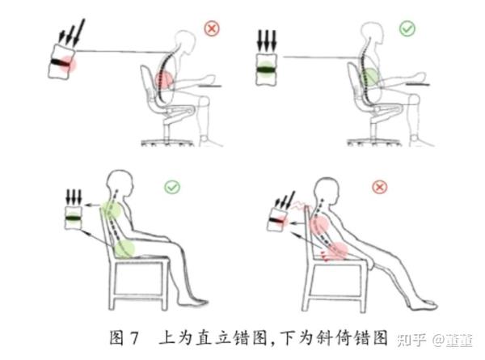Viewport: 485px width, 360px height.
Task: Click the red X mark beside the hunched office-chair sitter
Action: (212, 29)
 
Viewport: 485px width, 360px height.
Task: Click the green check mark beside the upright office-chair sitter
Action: (407, 29)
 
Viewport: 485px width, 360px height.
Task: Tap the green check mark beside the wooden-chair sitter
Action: (172, 187)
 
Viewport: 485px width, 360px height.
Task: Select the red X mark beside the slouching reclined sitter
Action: (380, 187)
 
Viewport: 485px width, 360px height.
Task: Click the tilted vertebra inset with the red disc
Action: (62, 62)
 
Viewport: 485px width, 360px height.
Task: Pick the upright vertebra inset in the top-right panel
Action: (266, 70)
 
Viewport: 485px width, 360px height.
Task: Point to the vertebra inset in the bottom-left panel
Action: (74, 218)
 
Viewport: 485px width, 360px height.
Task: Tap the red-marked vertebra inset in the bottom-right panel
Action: (278, 220)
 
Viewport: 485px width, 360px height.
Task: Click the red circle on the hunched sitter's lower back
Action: (163, 79)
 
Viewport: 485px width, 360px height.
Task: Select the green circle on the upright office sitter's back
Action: (369, 77)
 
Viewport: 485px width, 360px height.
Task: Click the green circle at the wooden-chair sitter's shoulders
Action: (111, 210)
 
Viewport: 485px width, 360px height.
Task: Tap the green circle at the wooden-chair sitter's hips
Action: (125, 248)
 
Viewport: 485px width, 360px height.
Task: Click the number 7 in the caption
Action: (134, 338)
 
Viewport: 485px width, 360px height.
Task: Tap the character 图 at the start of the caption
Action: (116, 337)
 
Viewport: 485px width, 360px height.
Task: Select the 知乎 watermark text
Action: (411, 341)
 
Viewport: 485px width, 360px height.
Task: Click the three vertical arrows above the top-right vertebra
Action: (267, 41)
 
